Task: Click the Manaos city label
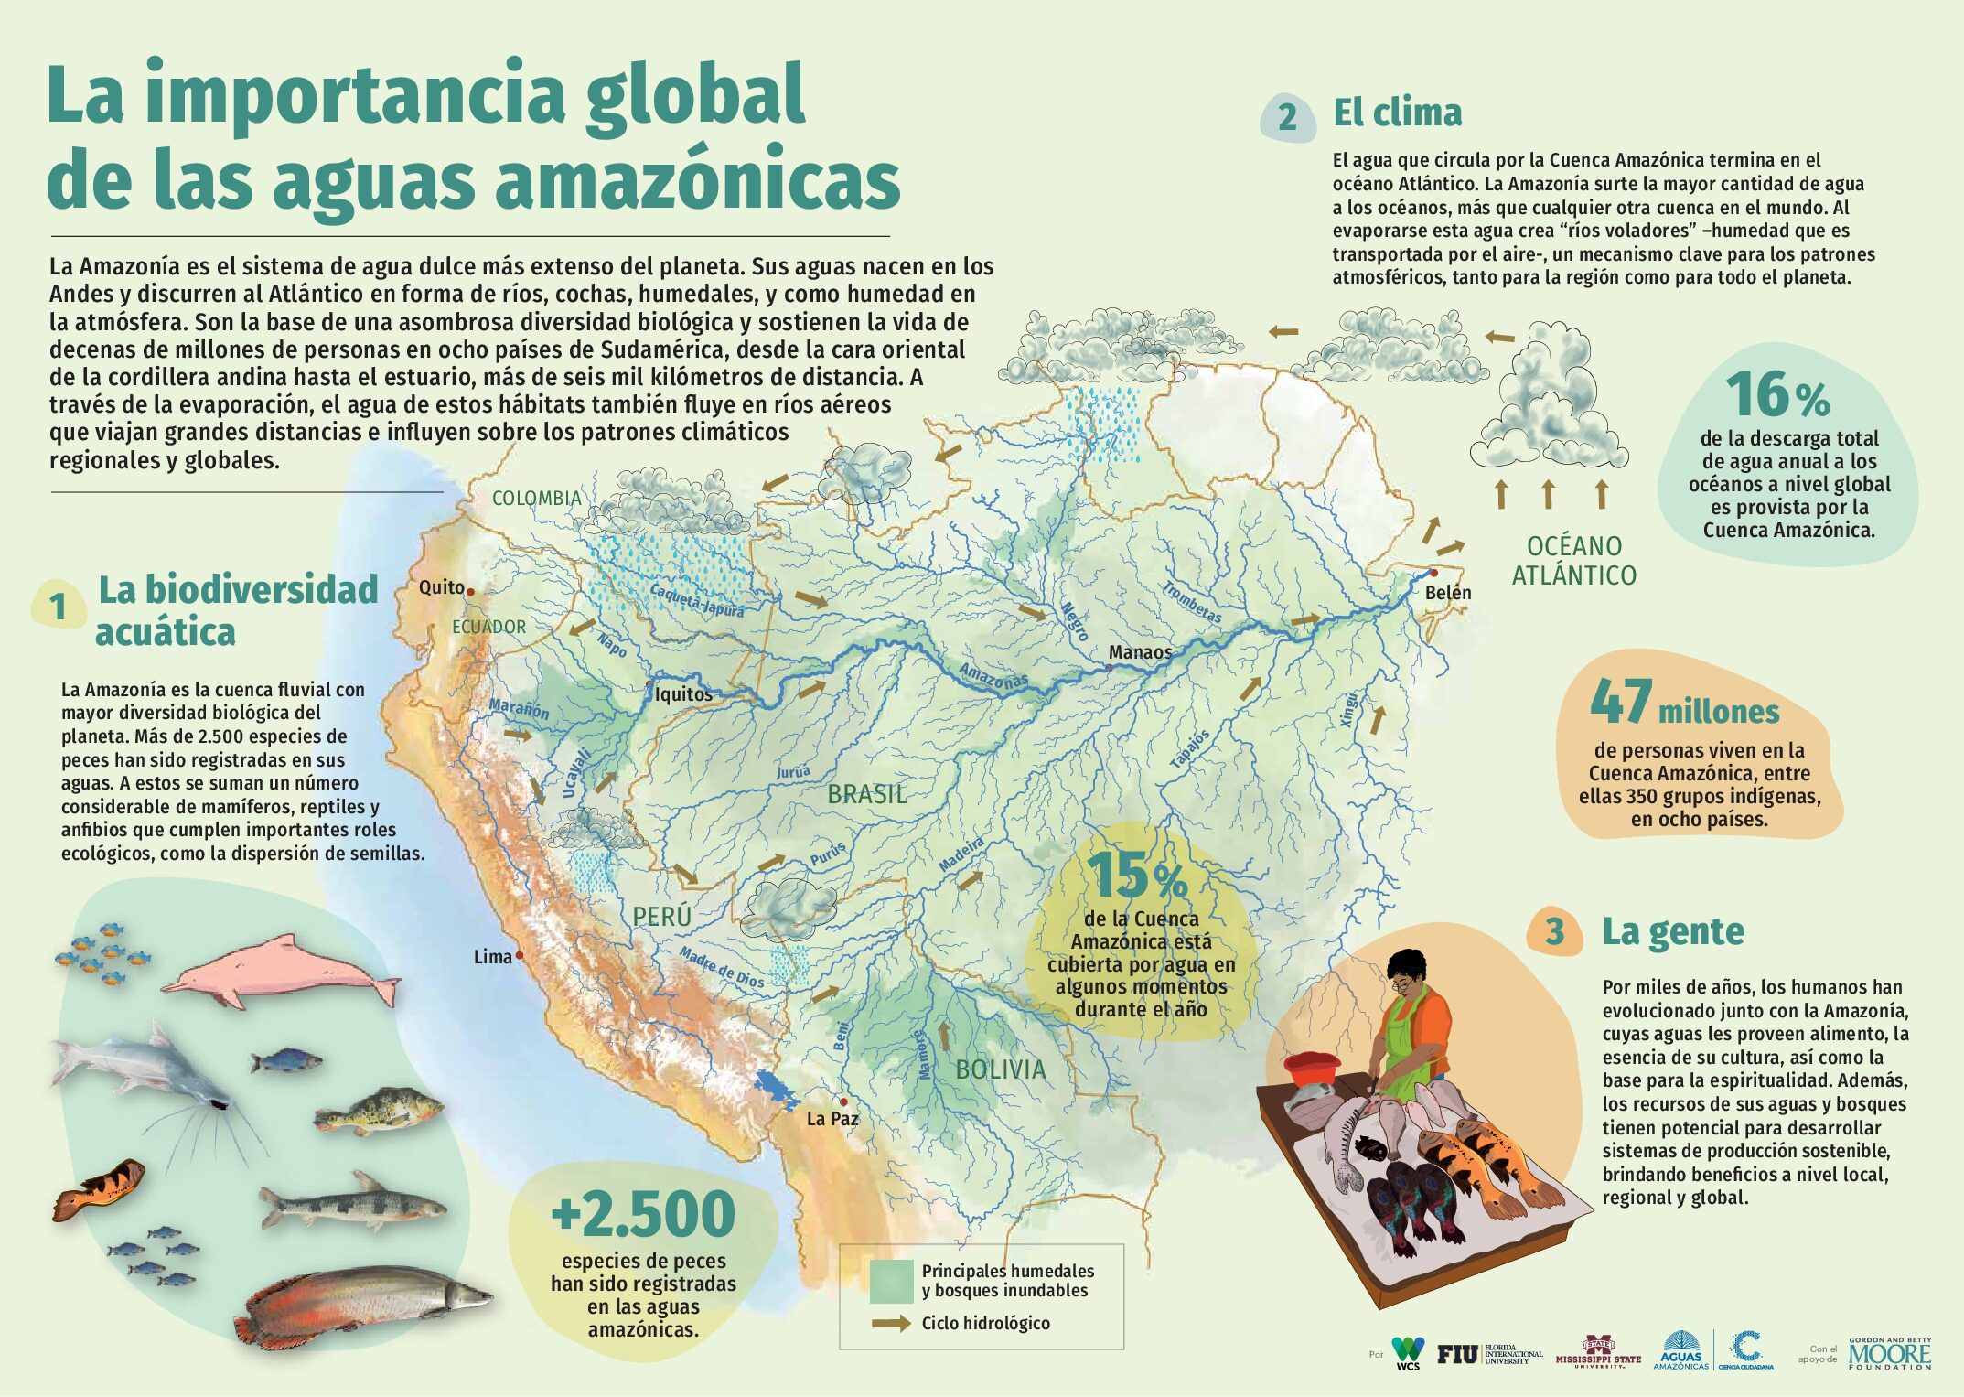tap(1140, 652)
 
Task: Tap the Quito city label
tap(442, 587)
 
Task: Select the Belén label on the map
tap(1448, 593)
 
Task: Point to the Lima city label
tap(493, 957)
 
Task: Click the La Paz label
tap(832, 1119)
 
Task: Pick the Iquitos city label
tap(683, 694)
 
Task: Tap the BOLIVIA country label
tap(1001, 1069)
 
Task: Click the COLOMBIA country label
tap(537, 499)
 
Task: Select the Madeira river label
tap(961, 854)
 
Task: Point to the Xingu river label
tap(1349, 711)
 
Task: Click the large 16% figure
tap(1777, 395)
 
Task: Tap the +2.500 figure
tap(643, 1214)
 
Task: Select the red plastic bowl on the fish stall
tap(1313, 1068)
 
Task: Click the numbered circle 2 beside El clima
tap(1287, 117)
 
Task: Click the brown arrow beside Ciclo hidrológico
tap(891, 1323)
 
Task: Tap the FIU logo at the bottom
tap(1457, 1354)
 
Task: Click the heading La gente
tap(1673, 931)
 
